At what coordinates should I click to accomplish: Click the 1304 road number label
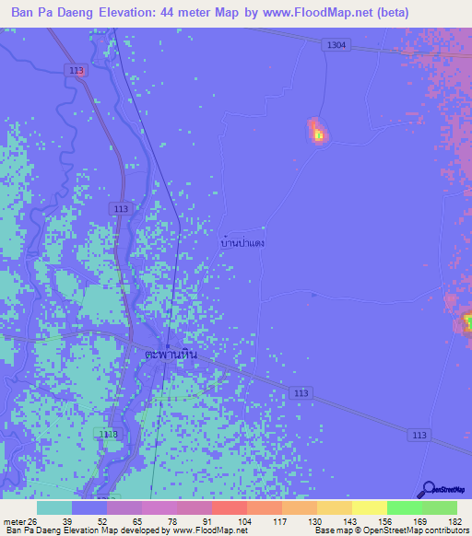336,45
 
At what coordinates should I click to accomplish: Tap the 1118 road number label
108,433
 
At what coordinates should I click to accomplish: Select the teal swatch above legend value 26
54,507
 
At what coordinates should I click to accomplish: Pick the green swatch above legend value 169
405,507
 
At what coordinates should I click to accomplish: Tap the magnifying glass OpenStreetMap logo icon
429,489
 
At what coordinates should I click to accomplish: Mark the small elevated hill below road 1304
316,132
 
